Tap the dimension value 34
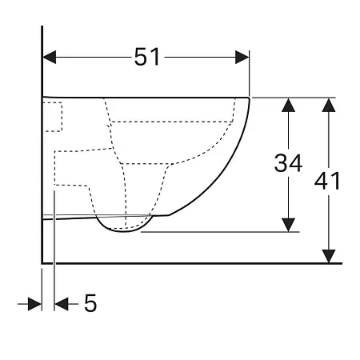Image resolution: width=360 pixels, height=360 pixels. [288, 163]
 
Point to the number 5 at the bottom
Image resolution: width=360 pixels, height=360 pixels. [90, 303]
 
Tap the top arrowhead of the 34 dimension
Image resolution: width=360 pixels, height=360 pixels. [289, 105]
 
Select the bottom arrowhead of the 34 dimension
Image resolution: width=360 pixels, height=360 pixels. [289, 225]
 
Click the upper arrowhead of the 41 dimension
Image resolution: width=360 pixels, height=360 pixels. [327, 105]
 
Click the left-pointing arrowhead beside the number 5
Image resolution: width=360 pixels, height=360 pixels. [61, 303]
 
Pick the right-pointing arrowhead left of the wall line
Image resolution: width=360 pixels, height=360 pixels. [34, 303]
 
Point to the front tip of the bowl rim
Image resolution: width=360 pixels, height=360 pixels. [250, 99]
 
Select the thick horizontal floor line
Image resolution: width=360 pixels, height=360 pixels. [192, 262]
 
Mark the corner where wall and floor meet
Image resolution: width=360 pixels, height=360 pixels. [42, 262]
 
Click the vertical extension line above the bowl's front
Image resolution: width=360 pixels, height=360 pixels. [250, 76]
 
